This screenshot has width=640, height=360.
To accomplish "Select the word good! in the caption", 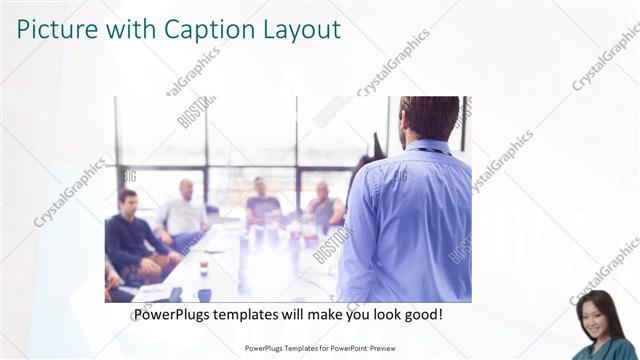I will pyautogui.click(x=421, y=315).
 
